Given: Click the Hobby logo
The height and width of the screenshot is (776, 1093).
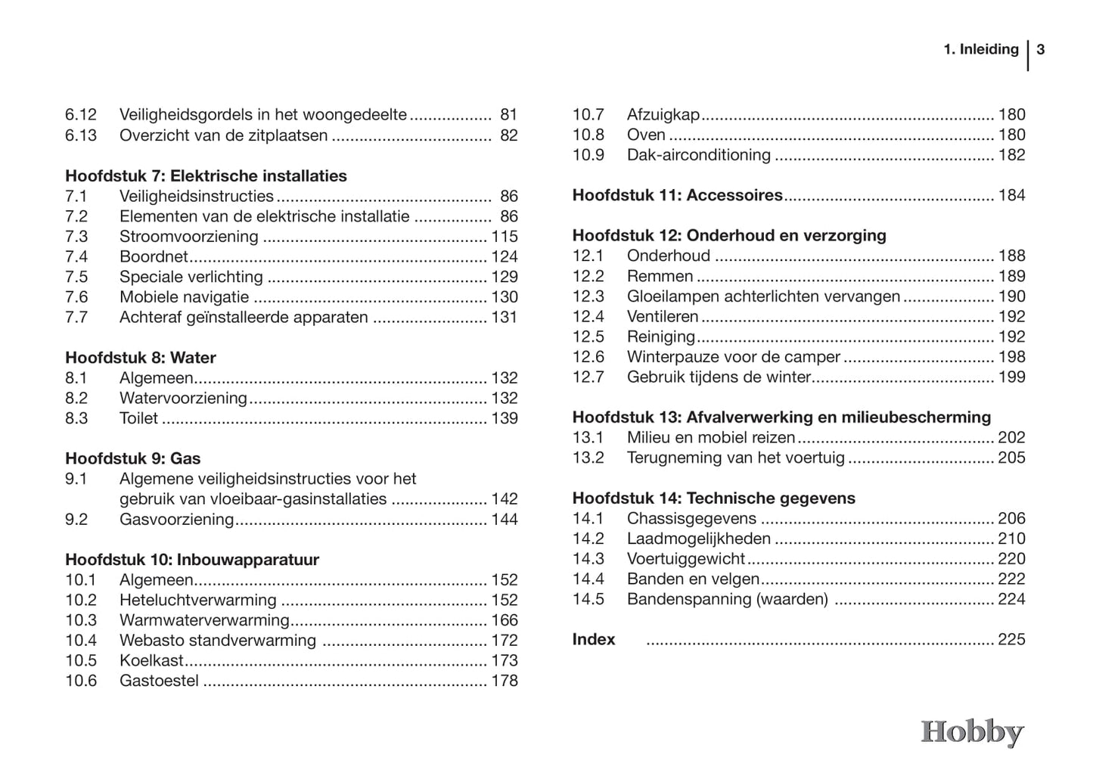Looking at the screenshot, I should coord(972,732).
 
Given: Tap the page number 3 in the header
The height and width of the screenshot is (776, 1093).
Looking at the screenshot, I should coord(1041,50).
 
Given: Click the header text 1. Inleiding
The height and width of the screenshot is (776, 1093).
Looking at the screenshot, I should coord(981,50).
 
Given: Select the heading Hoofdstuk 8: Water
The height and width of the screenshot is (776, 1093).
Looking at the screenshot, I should coord(141,358).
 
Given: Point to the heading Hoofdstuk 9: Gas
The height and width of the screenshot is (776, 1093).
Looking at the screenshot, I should coord(133,458).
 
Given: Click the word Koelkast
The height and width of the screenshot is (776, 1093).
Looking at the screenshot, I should coord(151,660).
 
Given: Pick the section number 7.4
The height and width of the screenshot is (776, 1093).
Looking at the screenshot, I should coord(76,256).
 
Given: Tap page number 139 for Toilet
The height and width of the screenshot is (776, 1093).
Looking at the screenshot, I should coord(505,418).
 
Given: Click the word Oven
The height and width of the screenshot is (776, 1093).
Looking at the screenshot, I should coord(646,135).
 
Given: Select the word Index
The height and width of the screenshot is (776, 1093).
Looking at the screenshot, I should coord(594,640).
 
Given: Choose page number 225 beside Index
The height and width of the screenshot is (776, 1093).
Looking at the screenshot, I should coord(1011,640).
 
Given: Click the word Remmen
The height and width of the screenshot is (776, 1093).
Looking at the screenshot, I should coord(660,276).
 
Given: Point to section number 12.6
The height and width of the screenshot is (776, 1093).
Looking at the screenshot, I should coord(588,357).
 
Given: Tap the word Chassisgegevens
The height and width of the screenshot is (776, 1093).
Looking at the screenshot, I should coord(691,519).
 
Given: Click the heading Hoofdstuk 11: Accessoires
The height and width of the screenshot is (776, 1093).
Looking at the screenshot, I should coord(677,195).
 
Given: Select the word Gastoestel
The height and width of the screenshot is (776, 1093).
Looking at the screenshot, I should coord(159,681).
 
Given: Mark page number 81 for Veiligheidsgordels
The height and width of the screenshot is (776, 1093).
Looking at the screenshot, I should coord(508,115).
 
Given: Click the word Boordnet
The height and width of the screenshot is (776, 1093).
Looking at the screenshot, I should coord(154,256).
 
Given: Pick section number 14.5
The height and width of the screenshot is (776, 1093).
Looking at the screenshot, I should coord(588,599).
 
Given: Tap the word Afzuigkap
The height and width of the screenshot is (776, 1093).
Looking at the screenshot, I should coord(663,115).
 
